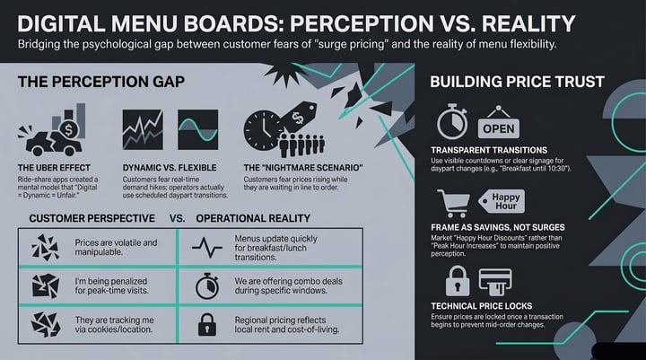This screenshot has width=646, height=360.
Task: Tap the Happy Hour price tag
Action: [x=502, y=201]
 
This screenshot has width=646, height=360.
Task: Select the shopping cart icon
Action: [x=453, y=203]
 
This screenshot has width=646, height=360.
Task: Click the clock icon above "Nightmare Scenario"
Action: [x=262, y=130]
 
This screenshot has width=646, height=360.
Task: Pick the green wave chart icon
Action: [x=197, y=129]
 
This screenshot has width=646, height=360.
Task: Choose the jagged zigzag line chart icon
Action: [x=143, y=129]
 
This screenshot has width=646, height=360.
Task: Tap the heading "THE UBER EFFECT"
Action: [x=54, y=168]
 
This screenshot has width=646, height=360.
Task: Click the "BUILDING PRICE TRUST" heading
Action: [x=517, y=82]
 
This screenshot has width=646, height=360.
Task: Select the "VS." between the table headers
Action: [x=177, y=218]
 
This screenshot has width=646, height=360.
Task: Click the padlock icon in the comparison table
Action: [x=207, y=324]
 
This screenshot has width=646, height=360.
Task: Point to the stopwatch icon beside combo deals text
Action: [x=207, y=285]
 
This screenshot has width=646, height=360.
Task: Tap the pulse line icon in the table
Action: [x=207, y=248]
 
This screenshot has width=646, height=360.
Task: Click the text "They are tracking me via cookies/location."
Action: [x=114, y=324]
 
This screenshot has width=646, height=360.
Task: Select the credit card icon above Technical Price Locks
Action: [x=495, y=282]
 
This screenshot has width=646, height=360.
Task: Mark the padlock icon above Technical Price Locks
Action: [x=458, y=281]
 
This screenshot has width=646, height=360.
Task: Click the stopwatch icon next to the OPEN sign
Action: [x=452, y=122]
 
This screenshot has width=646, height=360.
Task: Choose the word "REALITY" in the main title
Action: [x=528, y=23]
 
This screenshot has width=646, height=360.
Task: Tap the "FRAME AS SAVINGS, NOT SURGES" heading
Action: [x=498, y=228]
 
